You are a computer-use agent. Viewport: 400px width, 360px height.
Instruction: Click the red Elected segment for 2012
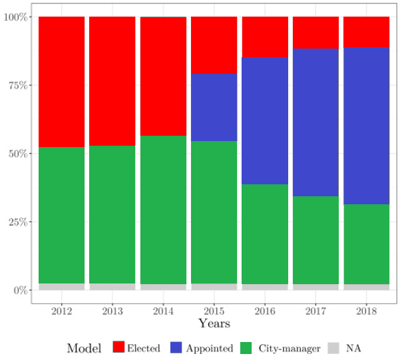pos(62,82)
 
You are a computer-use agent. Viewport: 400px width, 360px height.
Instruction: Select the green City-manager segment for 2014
pos(163,210)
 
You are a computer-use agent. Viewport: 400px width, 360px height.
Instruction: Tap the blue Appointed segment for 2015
pos(214,107)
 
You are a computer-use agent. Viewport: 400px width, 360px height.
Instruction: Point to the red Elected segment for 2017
pos(315,33)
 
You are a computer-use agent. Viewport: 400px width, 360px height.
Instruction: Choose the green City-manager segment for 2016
pos(265,234)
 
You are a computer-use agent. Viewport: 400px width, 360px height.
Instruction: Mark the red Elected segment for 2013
pos(112,81)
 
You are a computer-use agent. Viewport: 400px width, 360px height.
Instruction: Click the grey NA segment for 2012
pos(62,287)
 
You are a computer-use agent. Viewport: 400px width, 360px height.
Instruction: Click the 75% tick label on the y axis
pos(16,85)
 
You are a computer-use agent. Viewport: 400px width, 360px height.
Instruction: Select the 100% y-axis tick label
pos(15,17)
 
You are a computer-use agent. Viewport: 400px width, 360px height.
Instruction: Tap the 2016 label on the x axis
pos(265,311)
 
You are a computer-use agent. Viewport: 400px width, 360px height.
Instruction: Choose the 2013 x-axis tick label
pos(112,311)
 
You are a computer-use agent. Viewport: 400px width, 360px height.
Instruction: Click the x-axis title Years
pos(214,323)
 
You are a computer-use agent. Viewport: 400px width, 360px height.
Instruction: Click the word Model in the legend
pos(84,348)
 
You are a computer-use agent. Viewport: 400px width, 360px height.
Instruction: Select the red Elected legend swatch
pos(118,347)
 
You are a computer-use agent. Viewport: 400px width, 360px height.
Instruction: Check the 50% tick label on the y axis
pos(16,154)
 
